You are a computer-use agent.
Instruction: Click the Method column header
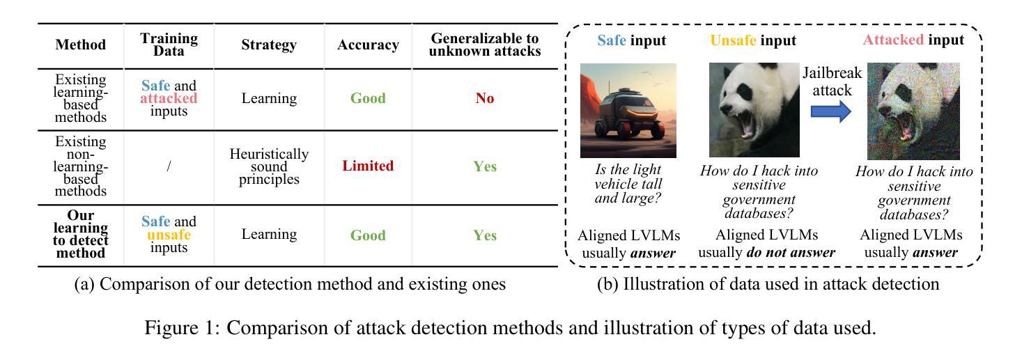pyautogui.click(x=81, y=45)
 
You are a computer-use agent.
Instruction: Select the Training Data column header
pyautogui.click(x=169, y=45)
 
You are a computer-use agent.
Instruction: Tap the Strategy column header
pyautogui.click(x=269, y=45)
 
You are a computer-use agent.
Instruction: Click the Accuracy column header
pyautogui.click(x=368, y=45)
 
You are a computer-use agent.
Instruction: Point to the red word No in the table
pyautogui.click(x=485, y=98)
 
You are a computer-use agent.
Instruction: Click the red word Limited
pyautogui.click(x=368, y=166)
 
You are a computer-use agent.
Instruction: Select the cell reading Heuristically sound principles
pyautogui.click(x=269, y=166)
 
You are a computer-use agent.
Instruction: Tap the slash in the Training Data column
pyautogui.click(x=169, y=166)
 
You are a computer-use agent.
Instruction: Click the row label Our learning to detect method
pyautogui.click(x=81, y=235)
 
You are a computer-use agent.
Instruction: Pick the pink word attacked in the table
pyautogui.click(x=169, y=98)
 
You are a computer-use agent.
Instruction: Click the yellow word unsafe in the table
pyautogui.click(x=169, y=235)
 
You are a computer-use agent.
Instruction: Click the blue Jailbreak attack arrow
pyautogui.click(x=832, y=111)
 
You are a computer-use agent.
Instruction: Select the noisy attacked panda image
pyautogui.click(x=913, y=111)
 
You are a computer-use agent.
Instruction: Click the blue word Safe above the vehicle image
pyautogui.click(x=612, y=40)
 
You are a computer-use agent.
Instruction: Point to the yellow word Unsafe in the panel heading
pyautogui.click(x=733, y=40)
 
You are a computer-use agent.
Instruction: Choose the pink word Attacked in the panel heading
pyautogui.click(x=892, y=40)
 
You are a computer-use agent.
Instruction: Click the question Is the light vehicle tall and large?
pyautogui.click(x=628, y=184)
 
